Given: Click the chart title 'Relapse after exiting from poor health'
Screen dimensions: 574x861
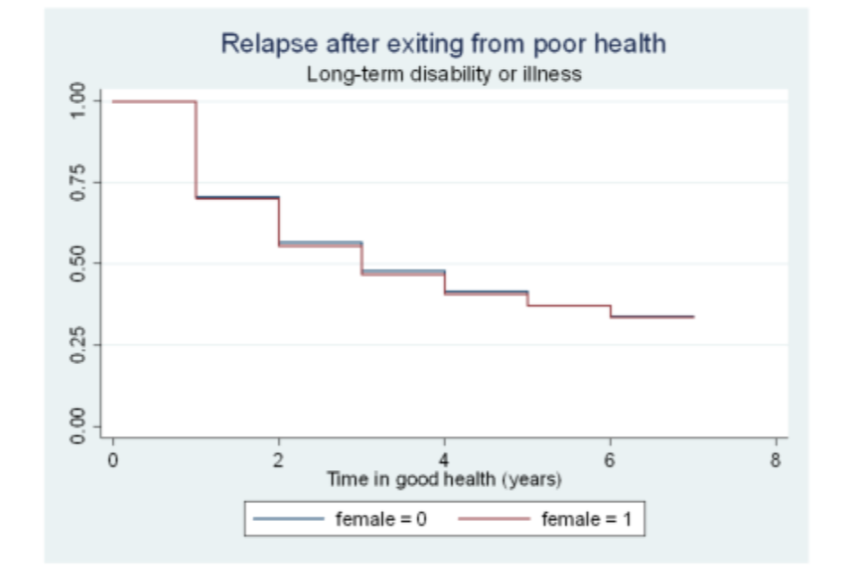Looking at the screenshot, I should coord(443,43).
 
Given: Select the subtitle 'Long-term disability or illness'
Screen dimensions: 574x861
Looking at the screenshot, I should coord(444,74).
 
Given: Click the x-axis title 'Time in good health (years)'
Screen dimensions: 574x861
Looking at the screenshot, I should coord(445,480).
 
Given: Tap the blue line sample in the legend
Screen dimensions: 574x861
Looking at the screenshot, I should coord(288,518).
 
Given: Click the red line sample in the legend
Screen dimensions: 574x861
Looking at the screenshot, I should coord(493,518).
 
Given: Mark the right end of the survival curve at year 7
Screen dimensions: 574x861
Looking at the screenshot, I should coord(693,317).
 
